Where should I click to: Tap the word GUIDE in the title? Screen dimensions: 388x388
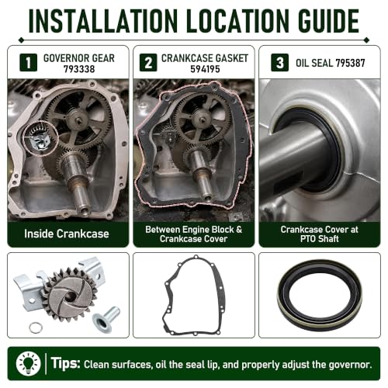[328, 21]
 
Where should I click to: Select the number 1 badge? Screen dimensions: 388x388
[28, 62]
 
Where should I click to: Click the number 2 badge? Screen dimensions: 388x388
[148, 62]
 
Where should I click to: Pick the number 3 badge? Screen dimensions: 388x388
[279, 62]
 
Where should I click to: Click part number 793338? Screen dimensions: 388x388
[79, 69]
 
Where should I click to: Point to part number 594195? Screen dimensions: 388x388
[205, 69]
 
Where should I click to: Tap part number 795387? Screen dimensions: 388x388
[350, 63]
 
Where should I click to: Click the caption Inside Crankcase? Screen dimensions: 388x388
[67, 234]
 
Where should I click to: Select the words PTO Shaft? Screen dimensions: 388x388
[320, 239]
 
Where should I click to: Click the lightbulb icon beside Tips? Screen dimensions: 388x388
[28, 363]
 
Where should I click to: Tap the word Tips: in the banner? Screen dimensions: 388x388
[65, 362]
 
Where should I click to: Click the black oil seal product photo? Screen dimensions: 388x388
[320, 295]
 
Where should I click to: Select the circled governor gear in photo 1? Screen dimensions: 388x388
[40, 138]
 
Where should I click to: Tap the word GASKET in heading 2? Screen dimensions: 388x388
[232, 58]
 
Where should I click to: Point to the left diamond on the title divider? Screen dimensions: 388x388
[22, 40]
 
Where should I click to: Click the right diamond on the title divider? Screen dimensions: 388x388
[366, 40]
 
